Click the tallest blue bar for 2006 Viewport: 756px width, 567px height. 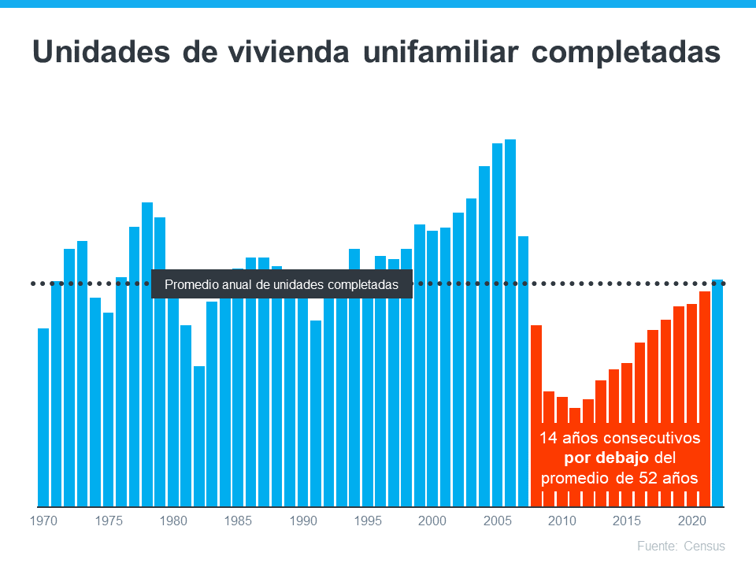tap(510, 323)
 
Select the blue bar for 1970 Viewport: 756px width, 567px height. tap(43, 417)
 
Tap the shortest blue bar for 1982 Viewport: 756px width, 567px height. tap(199, 436)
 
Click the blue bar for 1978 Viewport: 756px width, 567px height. tap(147, 354)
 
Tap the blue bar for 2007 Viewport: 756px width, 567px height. tap(523, 370)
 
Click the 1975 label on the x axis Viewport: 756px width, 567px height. tap(108, 521)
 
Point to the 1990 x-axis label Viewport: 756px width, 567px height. tap(302, 521)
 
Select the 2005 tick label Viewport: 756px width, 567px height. tap(497, 521)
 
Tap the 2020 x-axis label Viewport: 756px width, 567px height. tap(691, 521)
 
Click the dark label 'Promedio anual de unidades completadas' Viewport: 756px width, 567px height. tap(282, 284)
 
